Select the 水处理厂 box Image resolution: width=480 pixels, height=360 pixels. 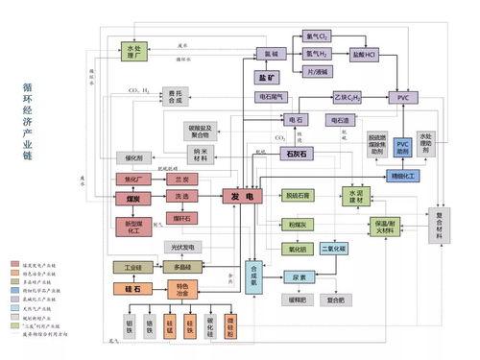coord(137,51)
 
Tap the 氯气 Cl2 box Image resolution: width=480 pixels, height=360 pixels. coord(318,36)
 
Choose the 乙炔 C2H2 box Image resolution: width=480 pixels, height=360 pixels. coord(348,97)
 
